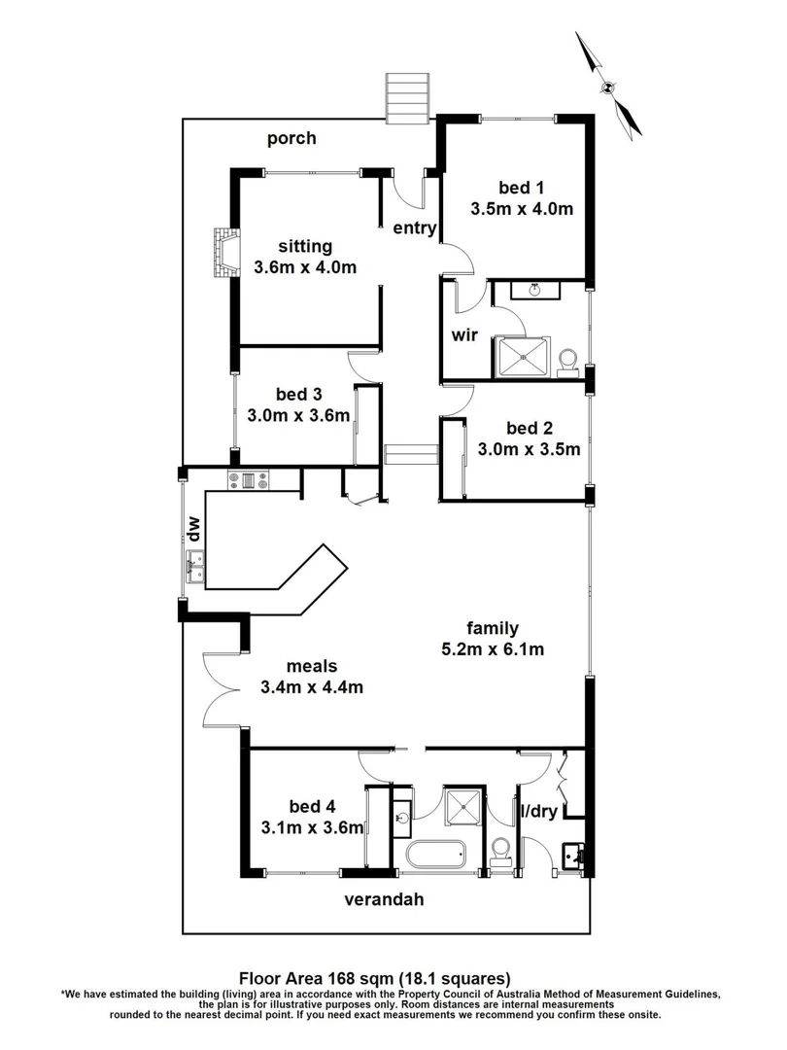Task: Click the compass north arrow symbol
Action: click(x=608, y=85)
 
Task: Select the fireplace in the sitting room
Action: click(x=225, y=252)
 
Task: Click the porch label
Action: click(x=291, y=138)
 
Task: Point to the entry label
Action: click(x=414, y=229)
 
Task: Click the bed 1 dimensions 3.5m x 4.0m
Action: click(x=521, y=208)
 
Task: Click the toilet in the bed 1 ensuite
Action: click(x=570, y=361)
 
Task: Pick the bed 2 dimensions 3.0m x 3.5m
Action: click(x=529, y=449)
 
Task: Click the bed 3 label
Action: click(x=298, y=394)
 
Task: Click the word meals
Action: click(x=312, y=666)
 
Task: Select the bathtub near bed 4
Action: click(x=436, y=857)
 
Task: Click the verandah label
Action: click(x=385, y=899)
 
